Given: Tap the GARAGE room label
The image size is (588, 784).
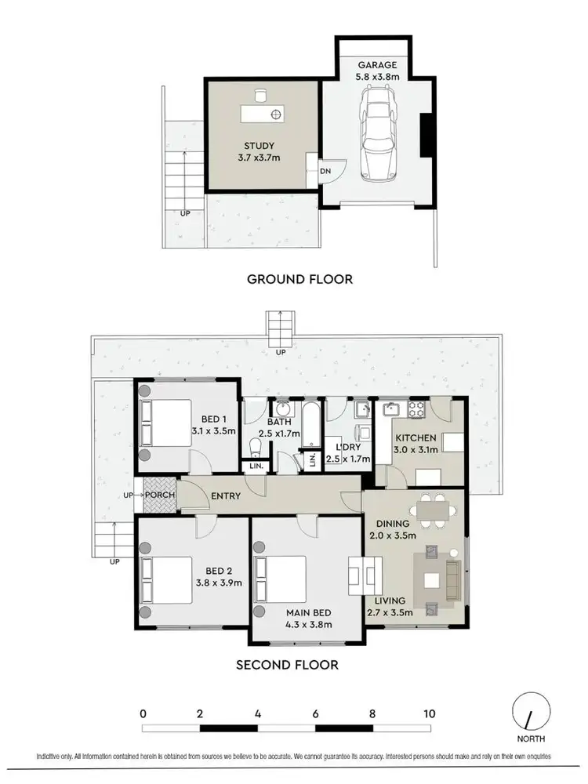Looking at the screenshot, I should point(379,66).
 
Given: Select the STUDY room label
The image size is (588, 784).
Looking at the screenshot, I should point(260,145).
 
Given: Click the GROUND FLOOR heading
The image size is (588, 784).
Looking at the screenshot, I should point(299,278).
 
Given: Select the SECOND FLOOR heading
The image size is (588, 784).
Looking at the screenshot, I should point(287,665).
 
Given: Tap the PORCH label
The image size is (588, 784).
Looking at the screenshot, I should point(159,495).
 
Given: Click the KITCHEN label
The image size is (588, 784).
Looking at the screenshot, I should point(415,437).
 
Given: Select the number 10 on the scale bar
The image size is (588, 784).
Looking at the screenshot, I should point(429,714).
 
